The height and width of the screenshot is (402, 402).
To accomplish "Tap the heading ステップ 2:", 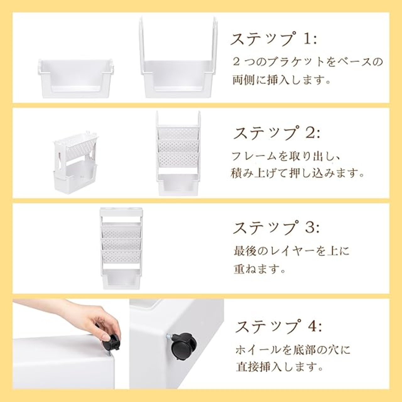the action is tap(276, 133).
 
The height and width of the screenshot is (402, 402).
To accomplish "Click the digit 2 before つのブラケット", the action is tap(236, 62).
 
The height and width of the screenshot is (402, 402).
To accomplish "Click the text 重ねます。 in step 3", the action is tap(260, 269).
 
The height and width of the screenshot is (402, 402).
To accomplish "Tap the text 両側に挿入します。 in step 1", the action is tap(282, 80).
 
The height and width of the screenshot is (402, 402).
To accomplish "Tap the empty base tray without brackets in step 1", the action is tap(76, 79).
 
